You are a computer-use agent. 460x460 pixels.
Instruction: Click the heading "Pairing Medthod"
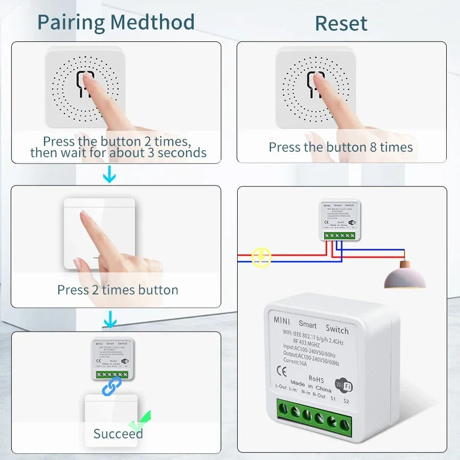[x=116, y=22]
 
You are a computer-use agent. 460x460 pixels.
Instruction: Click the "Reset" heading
[x=341, y=24]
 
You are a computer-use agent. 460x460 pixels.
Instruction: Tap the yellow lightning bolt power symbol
[x=262, y=257]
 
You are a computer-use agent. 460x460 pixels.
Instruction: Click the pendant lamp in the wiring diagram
[x=404, y=275]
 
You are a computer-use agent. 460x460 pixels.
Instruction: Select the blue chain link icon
[x=112, y=386]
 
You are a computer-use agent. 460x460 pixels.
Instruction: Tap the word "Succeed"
[x=118, y=434]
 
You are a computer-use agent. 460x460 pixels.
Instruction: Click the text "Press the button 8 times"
[x=341, y=147]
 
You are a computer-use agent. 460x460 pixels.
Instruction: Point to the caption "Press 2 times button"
[x=118, y=290]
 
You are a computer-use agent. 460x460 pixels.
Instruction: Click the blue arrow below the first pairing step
[x=109, y=176]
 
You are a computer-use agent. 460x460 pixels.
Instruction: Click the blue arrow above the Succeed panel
[x=109, y=321]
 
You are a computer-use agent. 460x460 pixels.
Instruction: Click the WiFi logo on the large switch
[x=343, y=384]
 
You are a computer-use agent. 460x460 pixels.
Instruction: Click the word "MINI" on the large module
[x=282, y=320]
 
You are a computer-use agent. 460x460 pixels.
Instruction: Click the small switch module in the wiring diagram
[x=340, y=220]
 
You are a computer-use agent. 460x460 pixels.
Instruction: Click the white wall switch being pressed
[x=99, y=233]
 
